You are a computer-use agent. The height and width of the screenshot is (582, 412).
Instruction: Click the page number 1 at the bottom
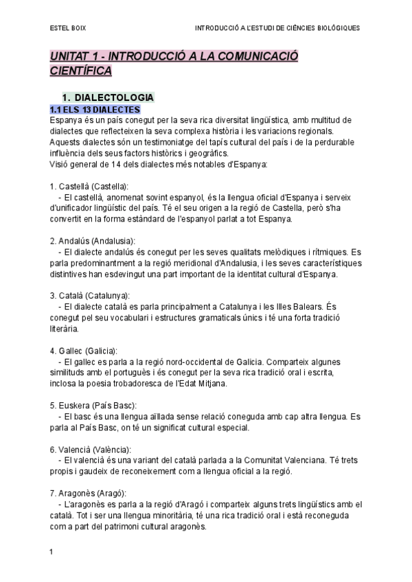[x=51, y=552]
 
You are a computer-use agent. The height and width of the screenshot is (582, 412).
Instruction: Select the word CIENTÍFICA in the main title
[x=80, y=71]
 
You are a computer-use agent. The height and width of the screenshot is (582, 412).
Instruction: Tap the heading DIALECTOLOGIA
[x=114, y=97]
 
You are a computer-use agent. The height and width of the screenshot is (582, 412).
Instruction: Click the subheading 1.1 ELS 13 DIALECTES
[x=95, y=109]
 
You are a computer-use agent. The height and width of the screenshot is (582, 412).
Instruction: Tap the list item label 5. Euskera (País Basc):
[x=93, y=404]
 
